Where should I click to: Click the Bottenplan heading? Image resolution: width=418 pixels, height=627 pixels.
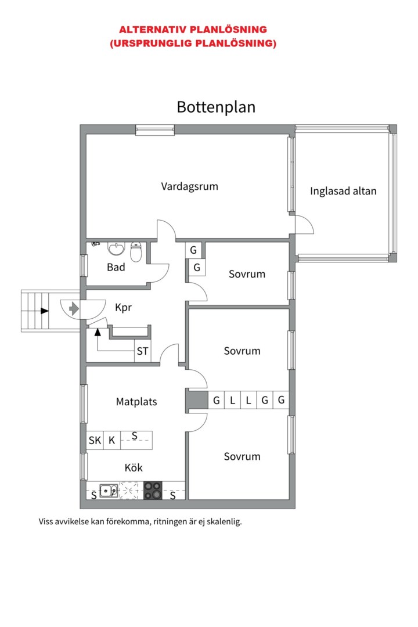[x=216, y=107]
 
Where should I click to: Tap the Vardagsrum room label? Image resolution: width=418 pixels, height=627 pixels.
[x=189, y=186]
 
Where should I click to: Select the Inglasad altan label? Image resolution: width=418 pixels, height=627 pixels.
[x=343, y=191]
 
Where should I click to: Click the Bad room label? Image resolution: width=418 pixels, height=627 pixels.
[x=116, y=268]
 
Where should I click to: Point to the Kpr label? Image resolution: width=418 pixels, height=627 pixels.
[x=123, y=308]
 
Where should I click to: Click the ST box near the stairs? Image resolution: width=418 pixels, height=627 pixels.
[x=142, y=351]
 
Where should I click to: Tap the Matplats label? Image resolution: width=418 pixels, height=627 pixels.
[x=136, y=401]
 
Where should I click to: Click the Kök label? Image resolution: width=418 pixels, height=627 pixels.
[x=134, y=467]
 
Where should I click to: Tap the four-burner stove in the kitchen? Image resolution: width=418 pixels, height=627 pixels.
[x=153, y=491]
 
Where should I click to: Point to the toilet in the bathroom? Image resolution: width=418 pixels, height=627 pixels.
[x=136, y=253]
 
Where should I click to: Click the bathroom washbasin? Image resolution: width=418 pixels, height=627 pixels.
[x=117, y=249]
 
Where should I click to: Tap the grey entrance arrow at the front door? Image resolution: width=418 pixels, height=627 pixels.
[x=74, y=308]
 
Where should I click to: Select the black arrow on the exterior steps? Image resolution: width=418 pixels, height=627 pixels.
[x=44, y=311]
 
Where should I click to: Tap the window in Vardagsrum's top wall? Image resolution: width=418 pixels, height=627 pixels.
[x=155, y=130]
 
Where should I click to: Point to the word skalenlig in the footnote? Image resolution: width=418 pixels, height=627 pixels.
[x=223, y=521]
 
